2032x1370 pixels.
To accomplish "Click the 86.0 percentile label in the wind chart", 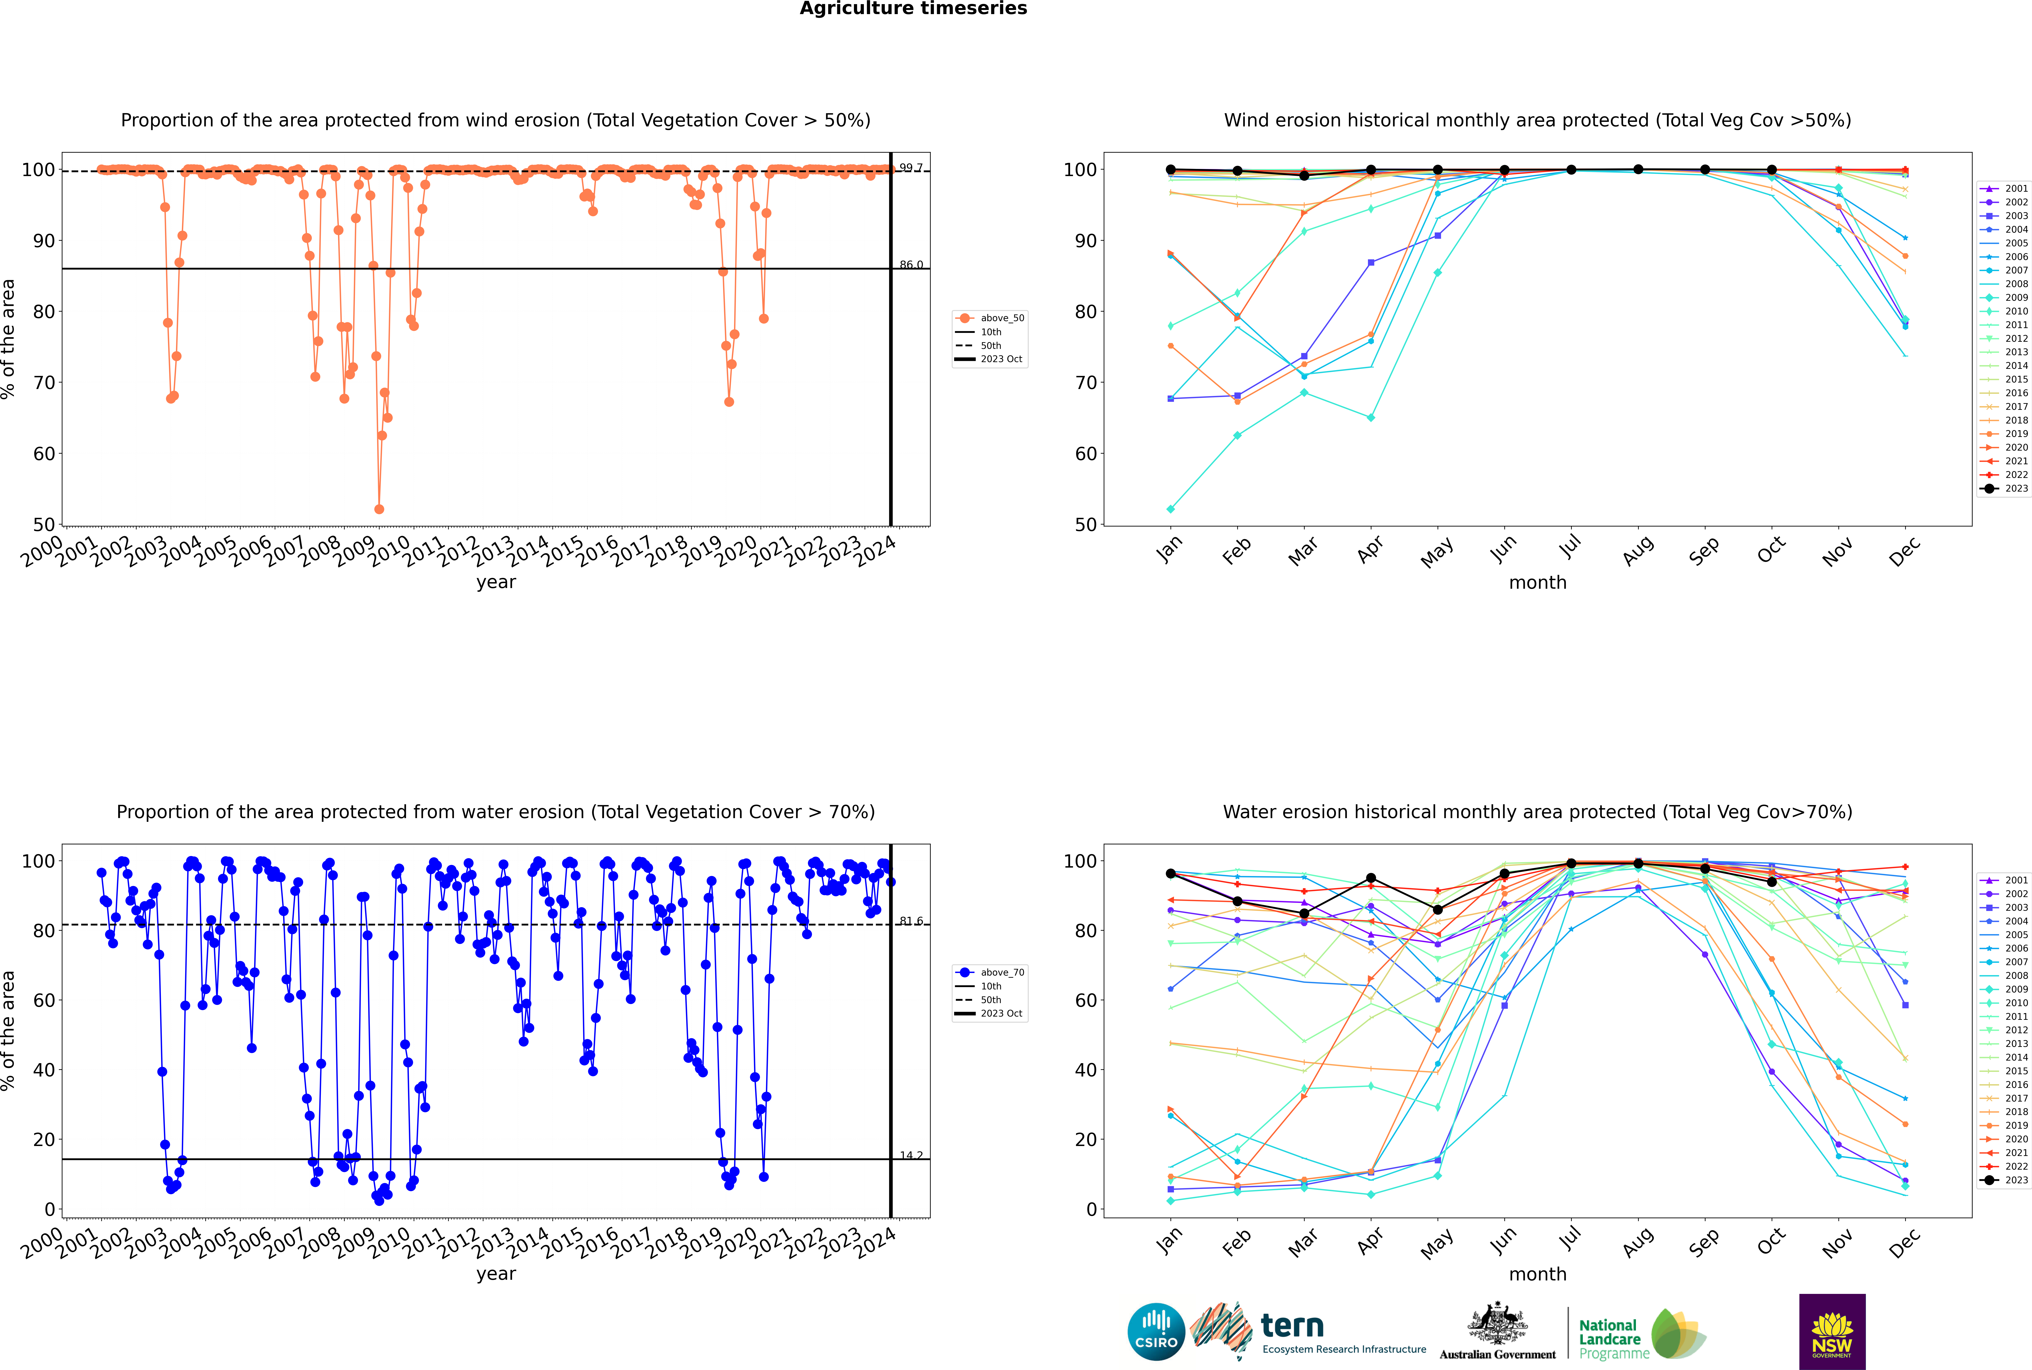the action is coord(911,265).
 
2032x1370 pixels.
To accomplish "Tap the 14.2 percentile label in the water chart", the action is coord(911,1155).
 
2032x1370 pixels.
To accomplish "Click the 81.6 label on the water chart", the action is coord(911,921).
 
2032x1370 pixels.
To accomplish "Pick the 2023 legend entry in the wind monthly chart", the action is coord(2005,488).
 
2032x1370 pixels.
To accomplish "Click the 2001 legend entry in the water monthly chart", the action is coord(2005,880).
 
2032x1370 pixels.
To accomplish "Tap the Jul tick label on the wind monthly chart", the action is coord(1570,547).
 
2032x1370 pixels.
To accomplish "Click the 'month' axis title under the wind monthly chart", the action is coord(1537,583).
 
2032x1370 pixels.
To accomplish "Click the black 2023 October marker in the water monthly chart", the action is coord(1772,882).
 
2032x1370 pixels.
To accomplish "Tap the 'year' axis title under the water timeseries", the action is coord(496,1274).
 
